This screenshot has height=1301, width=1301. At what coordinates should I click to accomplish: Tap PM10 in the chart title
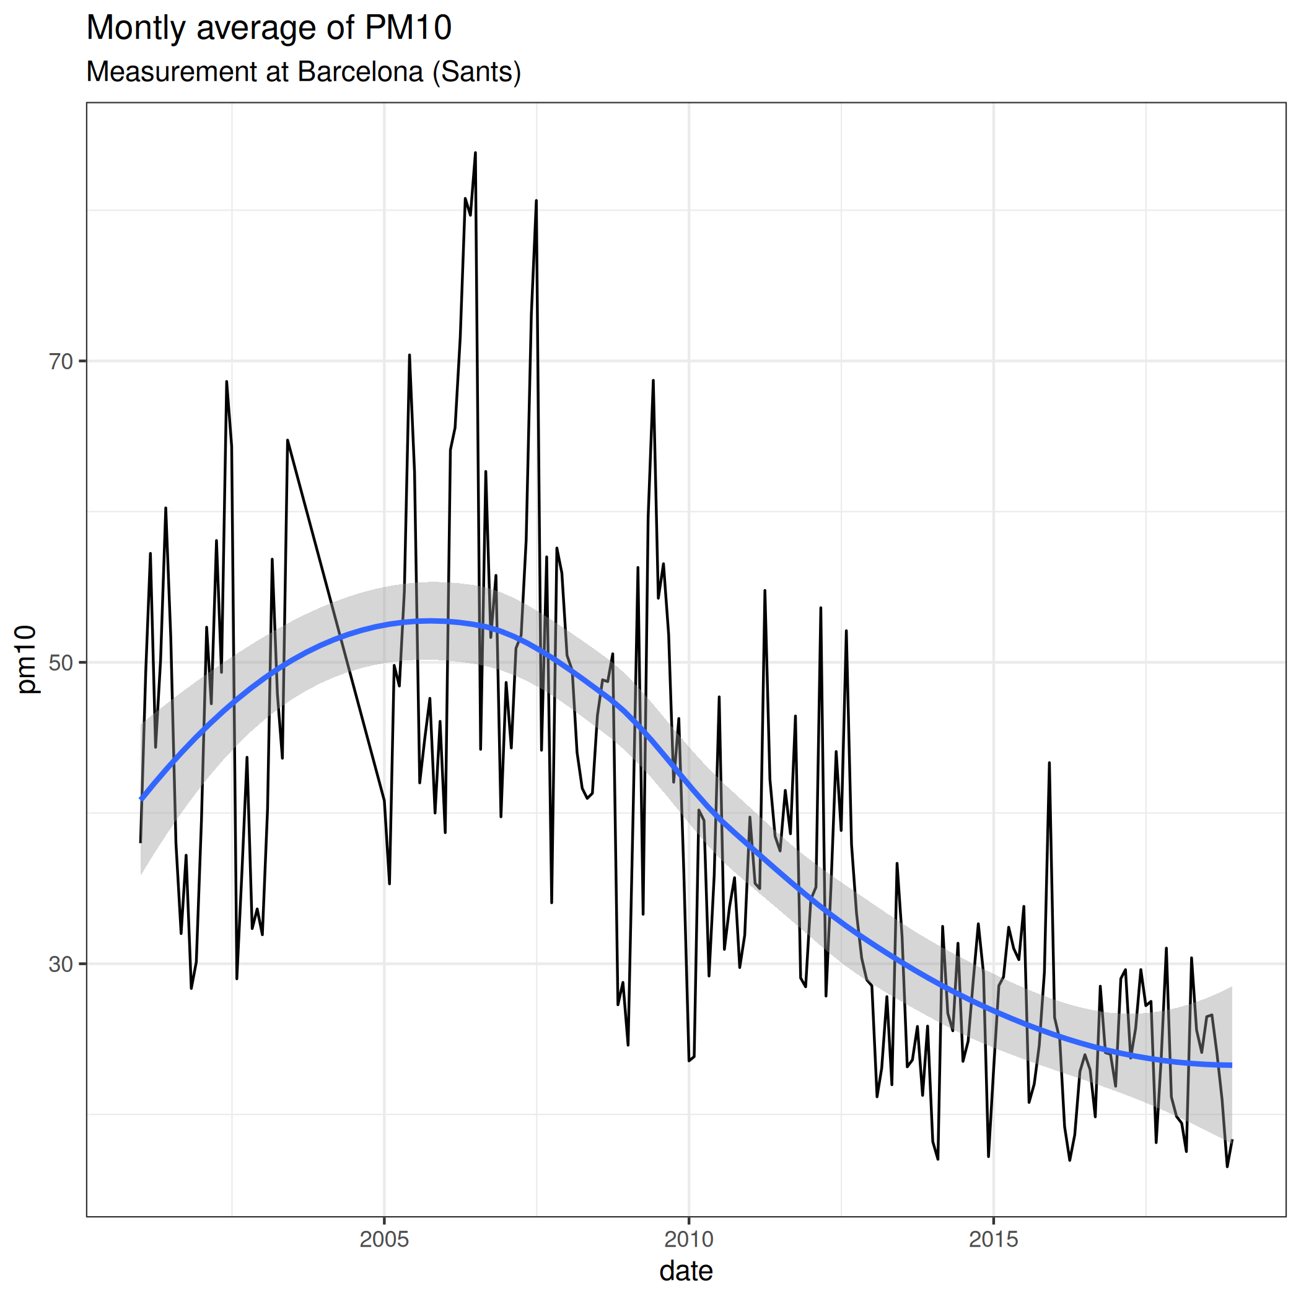point(408,28)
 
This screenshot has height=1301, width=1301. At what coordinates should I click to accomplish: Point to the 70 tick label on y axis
point(61,362)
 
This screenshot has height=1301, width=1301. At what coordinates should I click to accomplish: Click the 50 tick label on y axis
point(61,663)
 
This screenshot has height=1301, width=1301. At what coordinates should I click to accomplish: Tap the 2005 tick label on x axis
point(384,1239)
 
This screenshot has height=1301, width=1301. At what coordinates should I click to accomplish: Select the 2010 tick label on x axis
point(689,1239)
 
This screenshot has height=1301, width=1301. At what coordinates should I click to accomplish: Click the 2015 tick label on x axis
point(993,1239)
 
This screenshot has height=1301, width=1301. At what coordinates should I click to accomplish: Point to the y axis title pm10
point(27,659)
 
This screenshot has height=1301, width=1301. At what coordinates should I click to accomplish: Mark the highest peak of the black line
point(475,153)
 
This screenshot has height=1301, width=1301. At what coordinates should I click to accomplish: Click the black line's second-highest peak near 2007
point(536,201)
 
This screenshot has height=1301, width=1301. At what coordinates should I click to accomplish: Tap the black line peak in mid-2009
point(653,380)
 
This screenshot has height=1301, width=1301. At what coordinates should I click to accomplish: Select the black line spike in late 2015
point(1049,763)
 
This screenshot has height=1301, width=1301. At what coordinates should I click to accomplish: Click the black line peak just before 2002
point(227,382)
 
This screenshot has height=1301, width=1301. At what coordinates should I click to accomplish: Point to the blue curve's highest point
point(431,620)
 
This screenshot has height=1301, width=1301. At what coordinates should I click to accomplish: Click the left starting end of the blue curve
point(141,799)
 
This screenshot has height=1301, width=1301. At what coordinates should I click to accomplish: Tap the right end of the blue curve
point(1232,1064)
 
